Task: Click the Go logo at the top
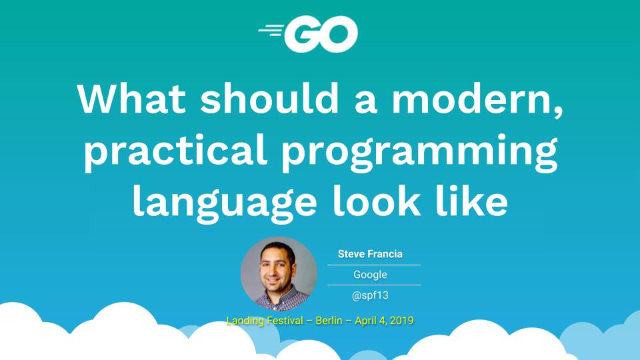[309, 34]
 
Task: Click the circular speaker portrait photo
[279, 274]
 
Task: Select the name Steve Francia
[370, 254]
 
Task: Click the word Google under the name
[370, 275]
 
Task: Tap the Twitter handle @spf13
[370, 295]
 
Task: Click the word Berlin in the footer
[329, 321]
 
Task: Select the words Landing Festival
[263, 321]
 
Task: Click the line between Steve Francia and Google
[373, 265]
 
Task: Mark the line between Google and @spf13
[373, 285]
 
